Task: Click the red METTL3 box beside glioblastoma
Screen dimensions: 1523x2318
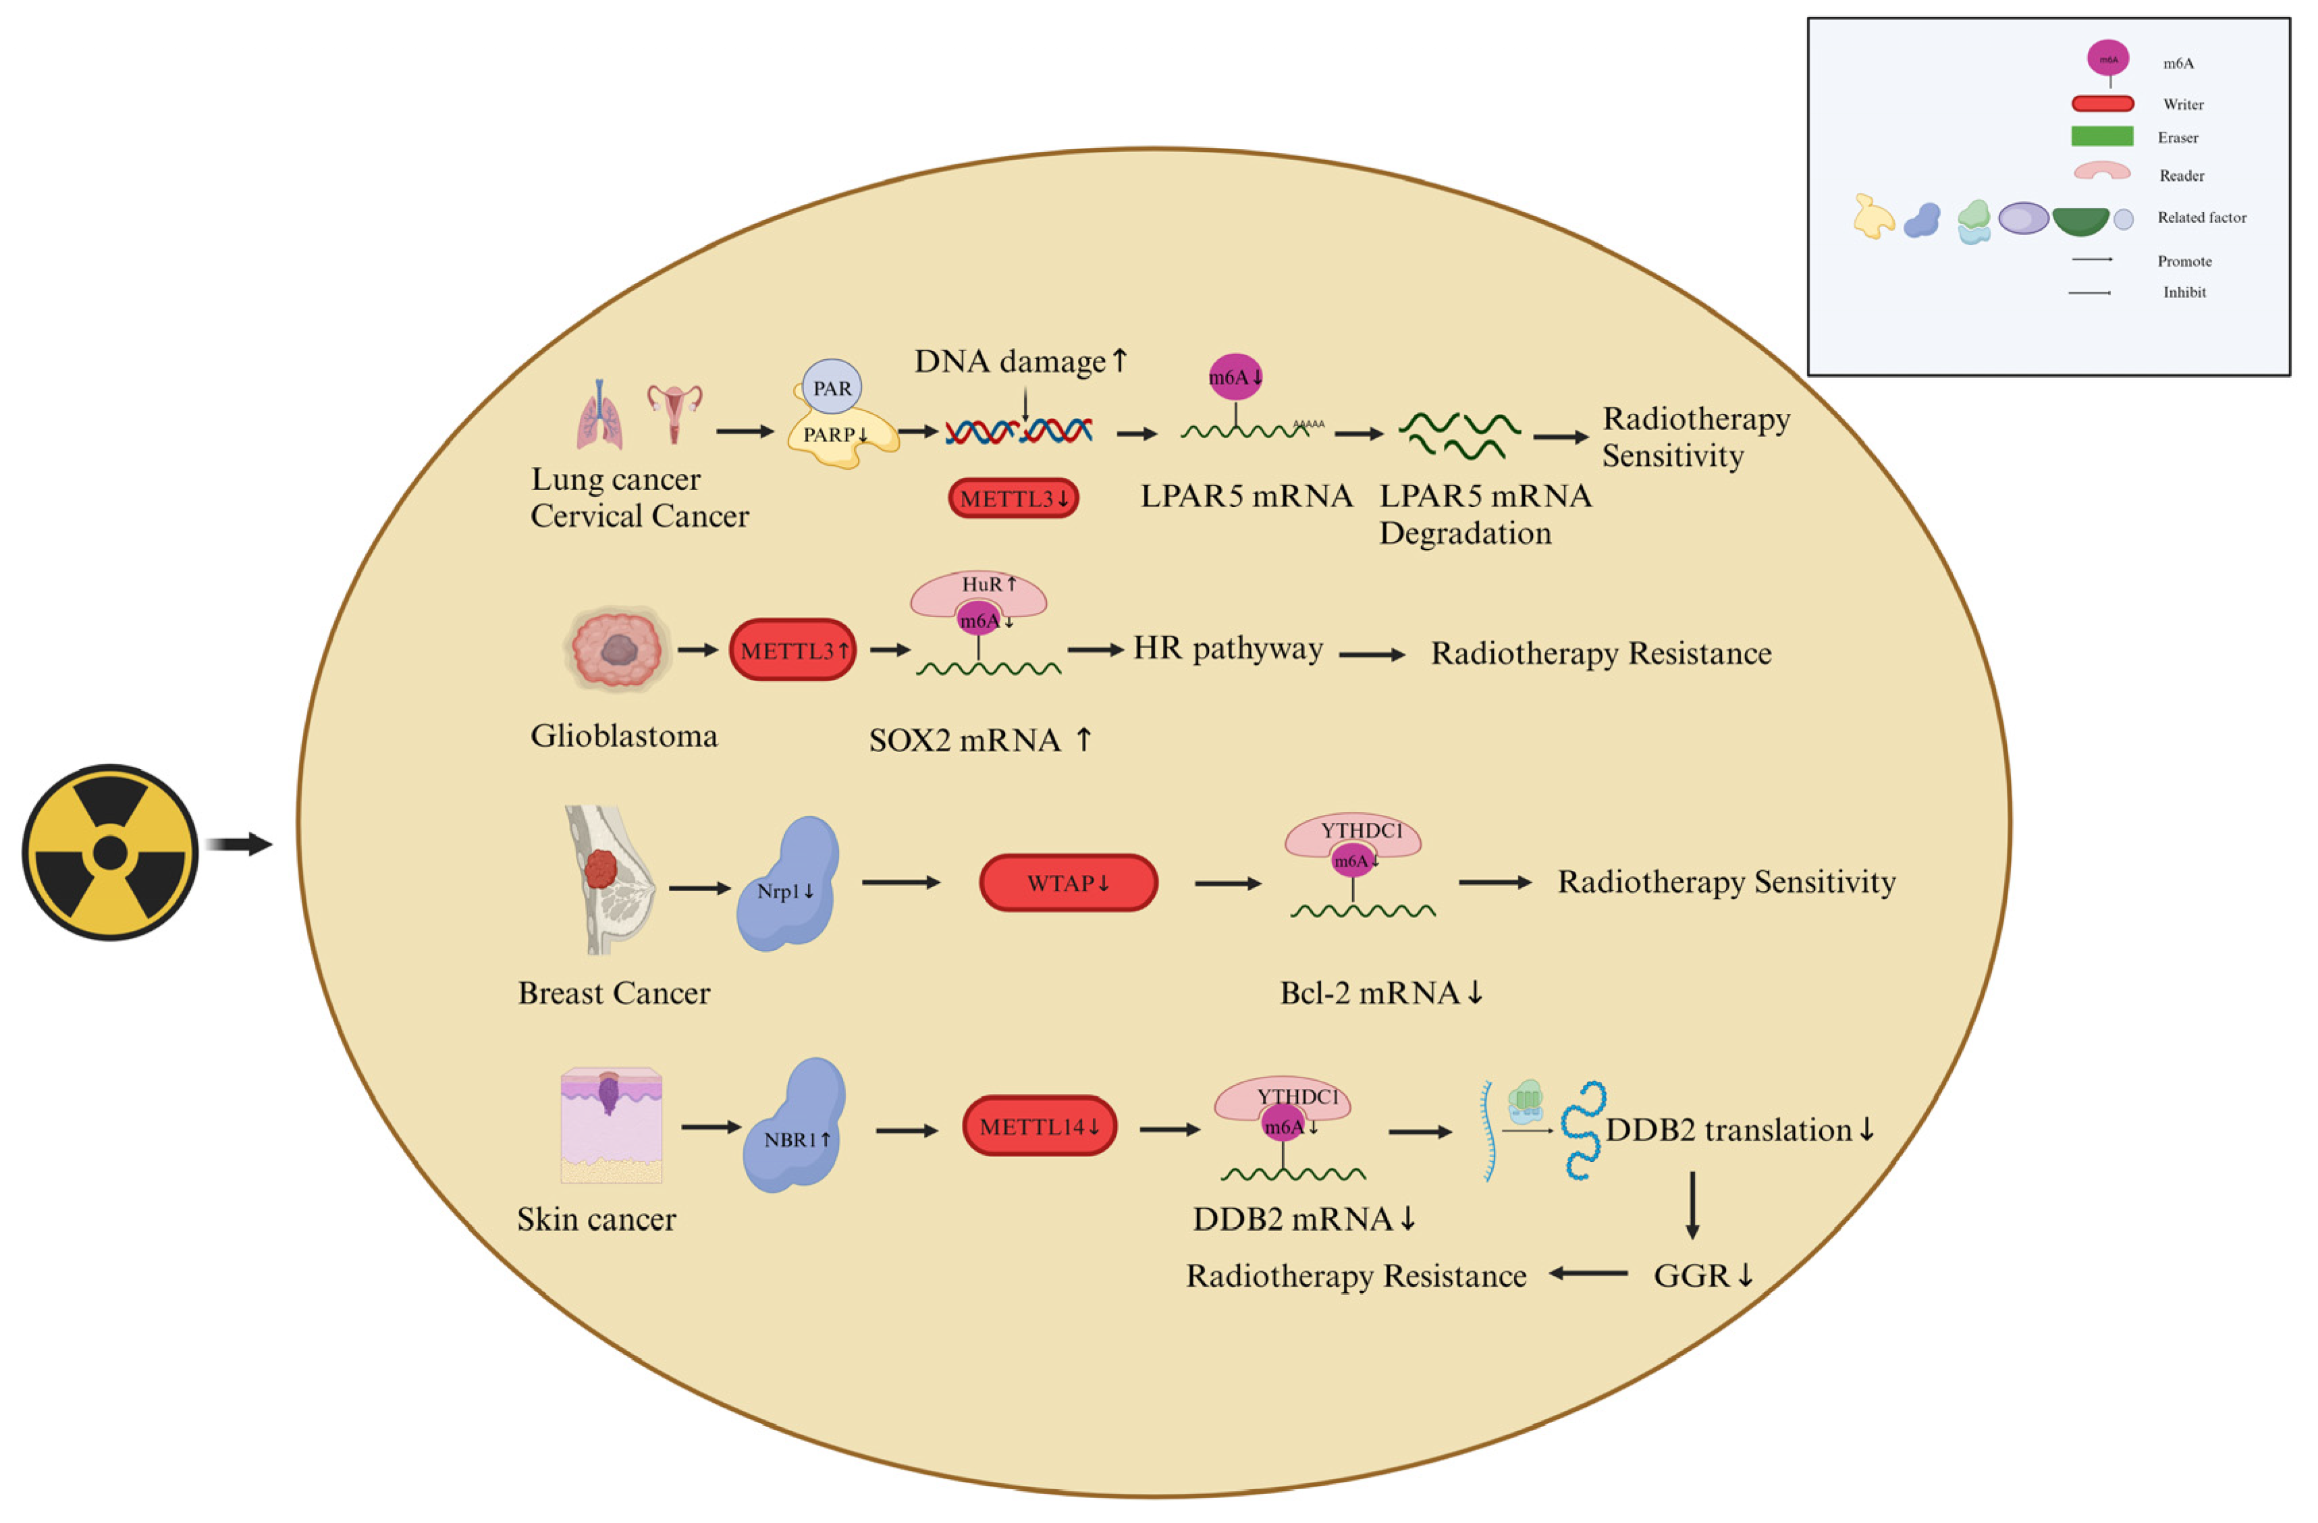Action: [792, 649]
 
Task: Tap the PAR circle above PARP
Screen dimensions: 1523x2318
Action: [831, 388]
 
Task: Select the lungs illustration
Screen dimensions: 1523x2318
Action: [598, 416]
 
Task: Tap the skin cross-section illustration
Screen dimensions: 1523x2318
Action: [611, 1125]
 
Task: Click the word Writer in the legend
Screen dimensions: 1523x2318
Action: [2182, 104]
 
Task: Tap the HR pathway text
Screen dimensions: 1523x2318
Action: [1227, 649]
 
